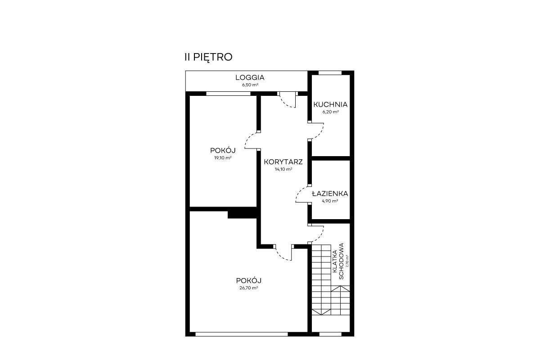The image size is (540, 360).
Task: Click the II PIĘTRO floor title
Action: coord(208,58)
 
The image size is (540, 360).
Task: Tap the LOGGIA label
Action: coord(250,78)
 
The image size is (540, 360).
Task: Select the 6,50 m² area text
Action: coord(250,85)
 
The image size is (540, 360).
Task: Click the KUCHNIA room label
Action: coord(330,105)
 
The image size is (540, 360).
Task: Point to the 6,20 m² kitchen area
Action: coord(330,112)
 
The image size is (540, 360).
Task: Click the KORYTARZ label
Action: coord(283,162)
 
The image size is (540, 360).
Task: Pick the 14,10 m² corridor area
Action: coord(283,169)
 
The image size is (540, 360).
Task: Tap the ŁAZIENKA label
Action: coord(330,193)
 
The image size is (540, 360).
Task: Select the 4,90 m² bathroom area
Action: coord(330,201)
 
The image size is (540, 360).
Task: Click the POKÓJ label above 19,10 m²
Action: coord(223,150)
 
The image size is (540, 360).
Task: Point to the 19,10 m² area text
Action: coord(223,158)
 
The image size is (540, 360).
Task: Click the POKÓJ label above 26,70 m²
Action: coord(249,281)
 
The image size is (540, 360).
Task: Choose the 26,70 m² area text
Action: coord(249,288)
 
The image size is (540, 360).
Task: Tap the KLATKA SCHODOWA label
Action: coord(338,261)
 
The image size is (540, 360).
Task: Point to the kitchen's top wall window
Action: coord(330,73)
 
